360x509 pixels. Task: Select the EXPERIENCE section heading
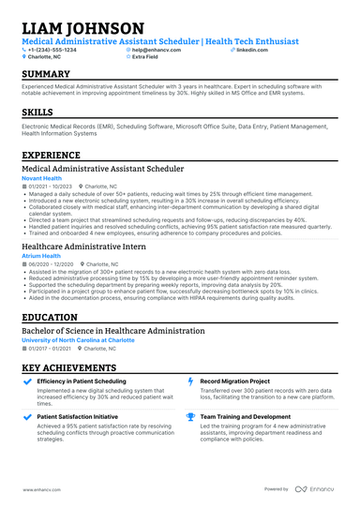pyautogui.click(x=52, y=155)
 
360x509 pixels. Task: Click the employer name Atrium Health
pyautogui.click(x=40, y=256)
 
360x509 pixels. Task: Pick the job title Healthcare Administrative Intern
pyautogui.click(x=84, y=246)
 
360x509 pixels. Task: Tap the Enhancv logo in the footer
pyautogui.click(x=317, y=489)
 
